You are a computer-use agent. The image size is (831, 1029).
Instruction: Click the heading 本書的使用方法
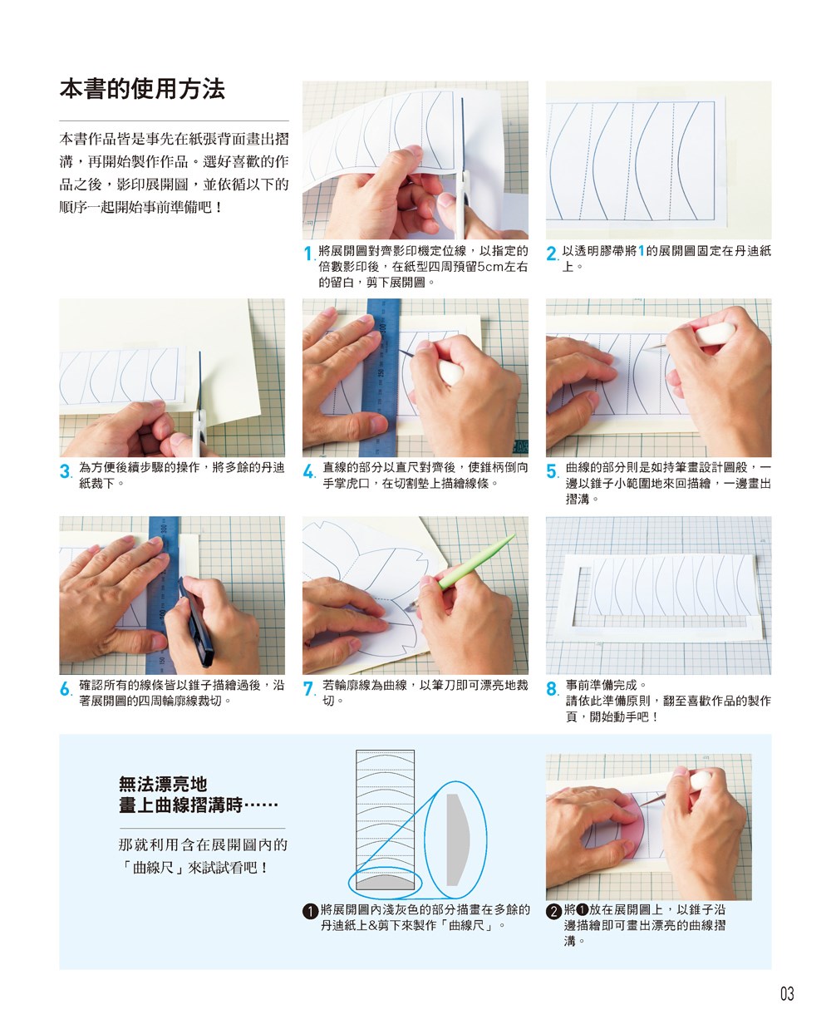tap(142, 89)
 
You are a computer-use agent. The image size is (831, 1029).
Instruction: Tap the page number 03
tap(787, 994)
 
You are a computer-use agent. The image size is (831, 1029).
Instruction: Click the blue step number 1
tap(308, 254)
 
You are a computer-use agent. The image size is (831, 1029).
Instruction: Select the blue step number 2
tap(552, 254)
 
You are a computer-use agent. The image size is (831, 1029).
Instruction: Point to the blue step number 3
tap(65, 470)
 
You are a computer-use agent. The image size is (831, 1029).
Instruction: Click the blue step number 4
tap(308, 470)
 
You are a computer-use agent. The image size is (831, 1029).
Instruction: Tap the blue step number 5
tap(552, 470)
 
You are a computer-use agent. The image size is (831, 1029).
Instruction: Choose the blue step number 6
tap(65, 688)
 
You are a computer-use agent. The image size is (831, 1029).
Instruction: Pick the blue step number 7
tap(308, 688)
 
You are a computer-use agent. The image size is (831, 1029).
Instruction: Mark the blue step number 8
tap(552, 688)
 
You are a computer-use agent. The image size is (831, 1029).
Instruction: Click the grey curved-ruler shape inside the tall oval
tap(456, 839)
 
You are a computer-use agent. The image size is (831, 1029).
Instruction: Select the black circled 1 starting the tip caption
tap(310, 911)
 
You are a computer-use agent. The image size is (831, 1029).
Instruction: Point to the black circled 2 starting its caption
tap(553, 911)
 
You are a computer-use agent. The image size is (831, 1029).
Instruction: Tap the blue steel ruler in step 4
tap(381, 377)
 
